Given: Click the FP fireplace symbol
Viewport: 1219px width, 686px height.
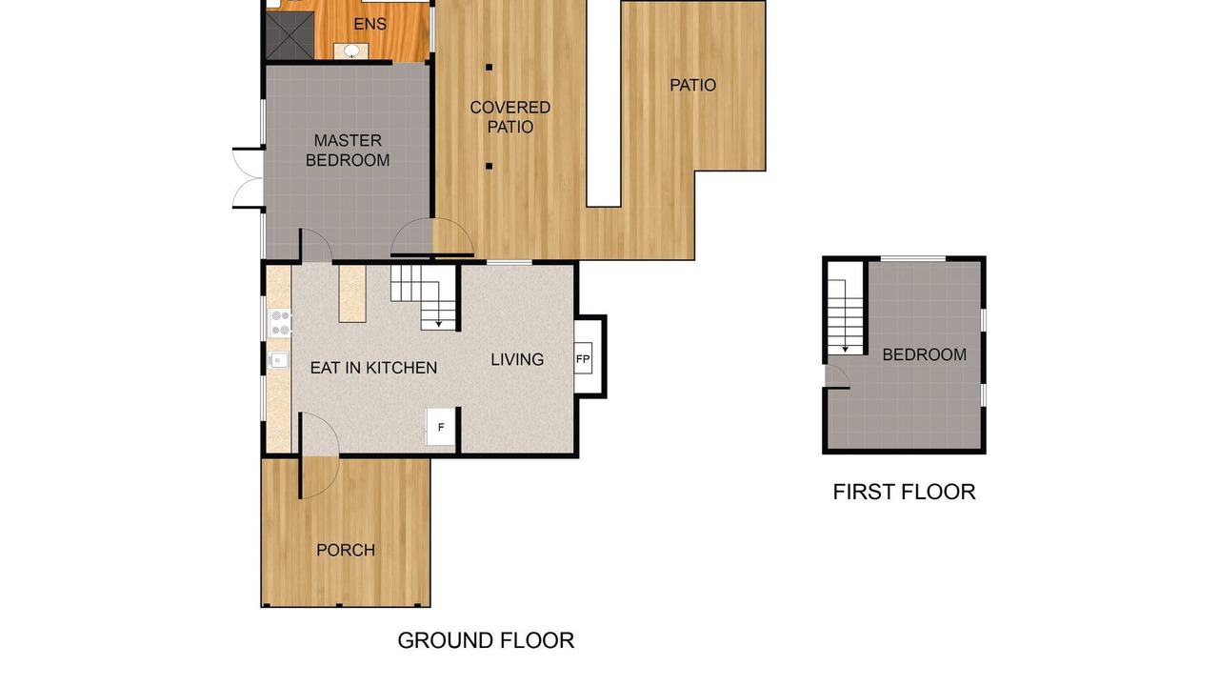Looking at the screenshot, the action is (x=583, y=358).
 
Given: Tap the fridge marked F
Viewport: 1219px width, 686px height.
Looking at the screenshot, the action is (x=440, y=427).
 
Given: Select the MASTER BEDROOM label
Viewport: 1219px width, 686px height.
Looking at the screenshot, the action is (x=348, y=151).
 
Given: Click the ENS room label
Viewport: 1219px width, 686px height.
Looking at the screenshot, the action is (x=370, y=24).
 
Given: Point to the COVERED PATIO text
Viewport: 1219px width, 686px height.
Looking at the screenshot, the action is (x=510, y=117).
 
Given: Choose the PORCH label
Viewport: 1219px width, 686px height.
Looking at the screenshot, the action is (x=346, y=550).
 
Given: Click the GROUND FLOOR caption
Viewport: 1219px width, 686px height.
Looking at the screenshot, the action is (x=486, y=640).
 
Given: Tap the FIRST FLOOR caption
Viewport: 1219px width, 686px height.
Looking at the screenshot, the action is (x=904, y=492).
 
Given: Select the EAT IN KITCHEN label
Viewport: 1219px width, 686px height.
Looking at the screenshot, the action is (x=373, y=368).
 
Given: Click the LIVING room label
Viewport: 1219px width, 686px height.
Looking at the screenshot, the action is (x=517, y=359).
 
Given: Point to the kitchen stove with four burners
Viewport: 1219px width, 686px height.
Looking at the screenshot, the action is (x=280, y=323).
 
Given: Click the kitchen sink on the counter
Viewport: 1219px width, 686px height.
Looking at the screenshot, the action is (x=278, y=360).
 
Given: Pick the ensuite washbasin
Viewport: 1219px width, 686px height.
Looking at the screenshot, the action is (x=351, y=51).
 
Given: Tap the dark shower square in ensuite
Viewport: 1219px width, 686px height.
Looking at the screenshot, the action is (x=290, y=35).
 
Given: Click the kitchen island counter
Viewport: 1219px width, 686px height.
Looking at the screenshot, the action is (x=352, y=294).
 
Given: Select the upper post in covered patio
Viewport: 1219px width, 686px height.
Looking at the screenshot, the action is (x=489, y=67).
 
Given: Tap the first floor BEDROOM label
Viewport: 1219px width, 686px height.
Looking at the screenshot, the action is (x=924, y=355).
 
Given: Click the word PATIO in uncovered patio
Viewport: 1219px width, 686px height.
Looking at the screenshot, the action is (x=692, y=85).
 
